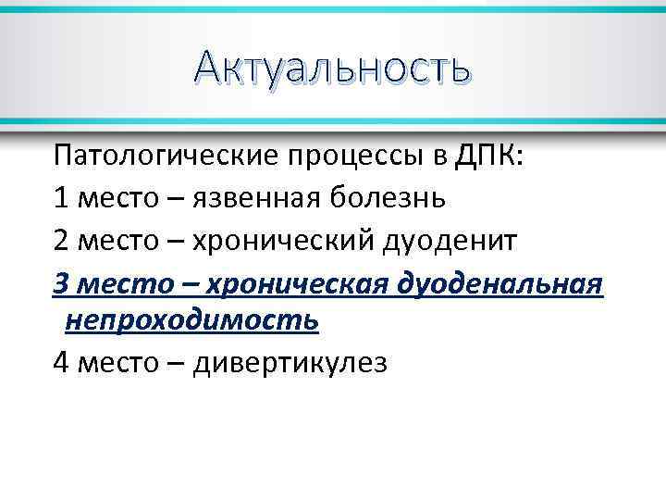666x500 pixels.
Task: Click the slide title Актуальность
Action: [333, 68]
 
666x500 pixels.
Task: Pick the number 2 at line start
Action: [61, 239]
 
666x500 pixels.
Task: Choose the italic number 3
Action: [61, 281]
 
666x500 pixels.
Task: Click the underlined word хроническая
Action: [295, 282]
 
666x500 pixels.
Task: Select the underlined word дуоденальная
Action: [499, 282]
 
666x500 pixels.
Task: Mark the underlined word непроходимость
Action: [192, 320]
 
